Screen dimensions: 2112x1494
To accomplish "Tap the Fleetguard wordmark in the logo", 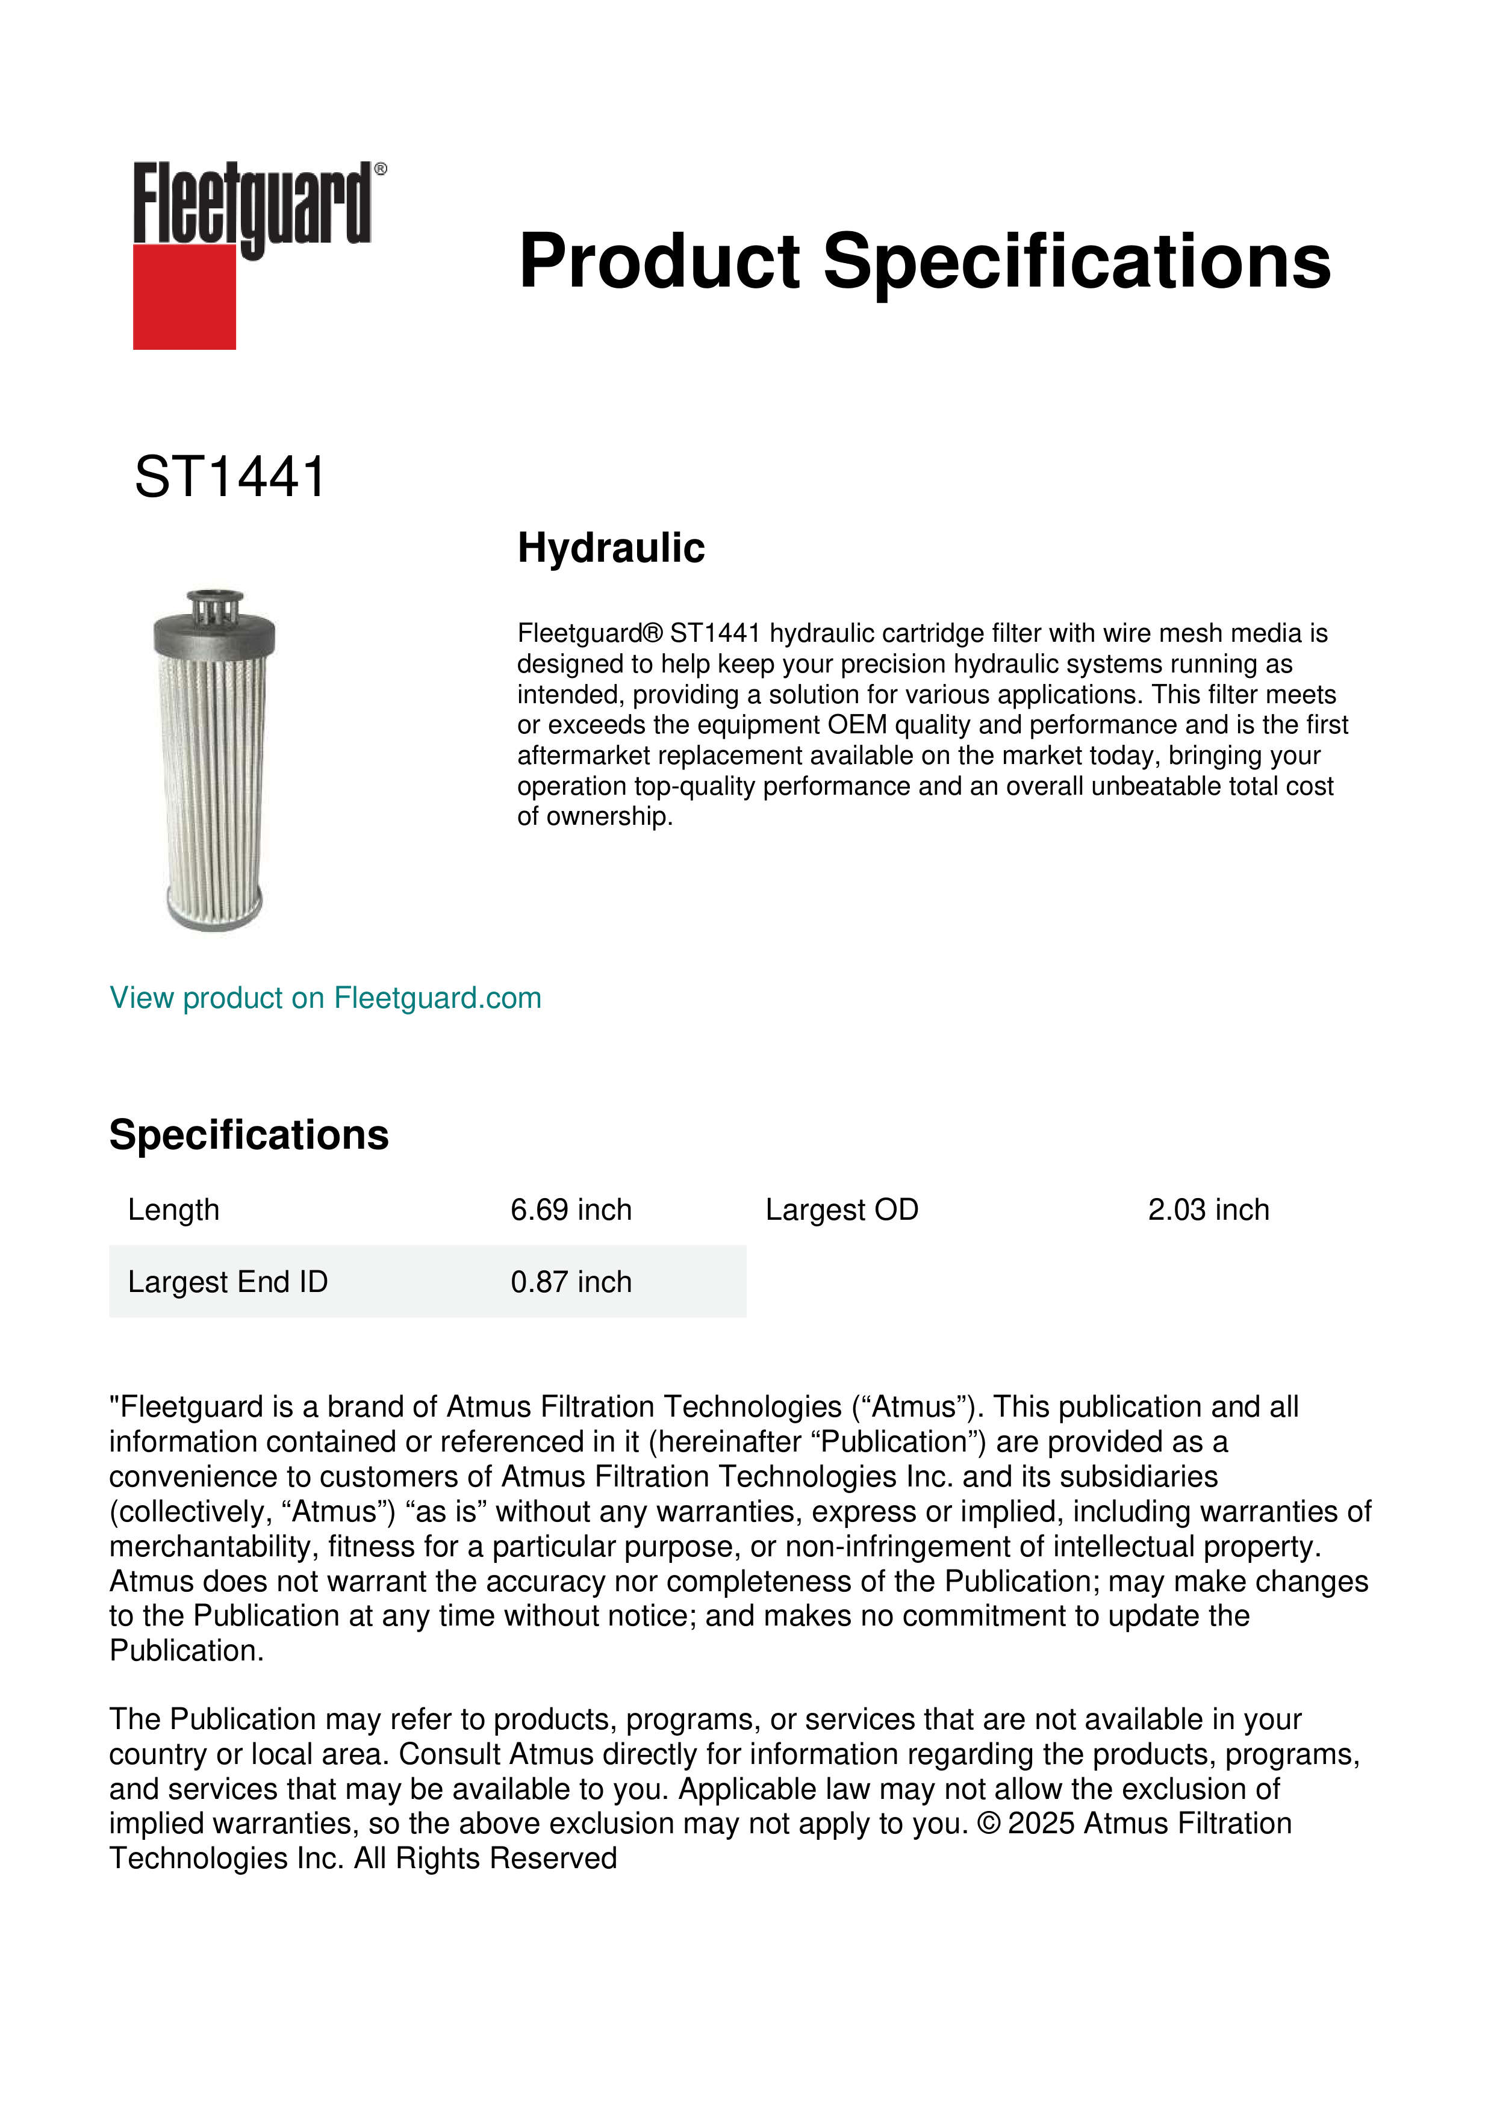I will (x=252, y=204).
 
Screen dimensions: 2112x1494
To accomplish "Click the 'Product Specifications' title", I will (x=924, y=261).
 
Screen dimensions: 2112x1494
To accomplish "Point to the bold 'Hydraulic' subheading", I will (x=611, y=548).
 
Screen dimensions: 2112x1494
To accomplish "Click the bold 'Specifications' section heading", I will (x=248, y=1135).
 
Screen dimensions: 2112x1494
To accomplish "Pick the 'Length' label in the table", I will (x=173, y=1210).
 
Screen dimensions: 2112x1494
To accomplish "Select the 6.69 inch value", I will (x=571, y=1210).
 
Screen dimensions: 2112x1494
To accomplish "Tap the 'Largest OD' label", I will (x=842, y=1210).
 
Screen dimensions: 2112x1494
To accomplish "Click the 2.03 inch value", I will (x=1208, y=1210).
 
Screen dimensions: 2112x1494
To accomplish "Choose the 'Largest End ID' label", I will (x=227, y=1281).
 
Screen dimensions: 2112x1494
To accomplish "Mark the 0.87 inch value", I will (x=571, y=1281).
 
